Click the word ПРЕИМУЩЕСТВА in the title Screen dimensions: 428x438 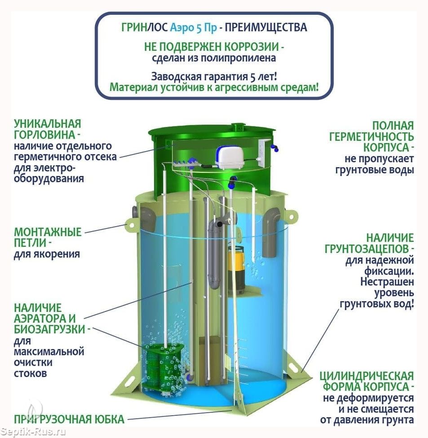tap(266, 27)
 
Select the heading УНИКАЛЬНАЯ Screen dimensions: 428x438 tap(48, 123)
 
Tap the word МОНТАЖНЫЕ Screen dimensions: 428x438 tap(48, 232)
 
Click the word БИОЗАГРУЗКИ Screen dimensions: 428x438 tap(50, 329)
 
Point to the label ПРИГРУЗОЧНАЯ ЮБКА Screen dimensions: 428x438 tap(69, 419)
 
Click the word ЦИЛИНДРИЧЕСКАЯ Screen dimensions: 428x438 tap(367, 376)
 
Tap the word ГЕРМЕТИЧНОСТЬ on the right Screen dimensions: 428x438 tap(371, 136)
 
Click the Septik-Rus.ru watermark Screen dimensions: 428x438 tap(33, 432)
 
